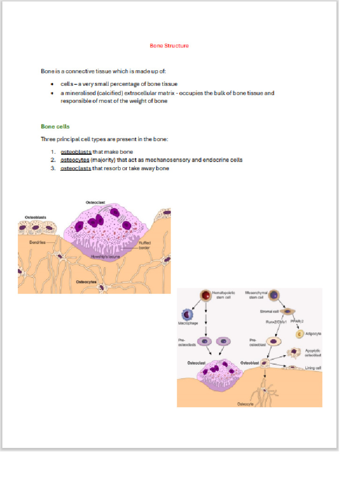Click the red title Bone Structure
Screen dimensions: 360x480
(169, 46)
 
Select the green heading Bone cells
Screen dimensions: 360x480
(55, 127)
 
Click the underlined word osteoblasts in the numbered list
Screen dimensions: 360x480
(75, 152)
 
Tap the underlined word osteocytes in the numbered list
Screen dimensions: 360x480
(75, 160)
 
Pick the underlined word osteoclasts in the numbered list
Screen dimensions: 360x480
(75, 169)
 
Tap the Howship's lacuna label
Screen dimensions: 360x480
(106, 257)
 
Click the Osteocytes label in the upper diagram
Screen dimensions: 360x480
(86, 282)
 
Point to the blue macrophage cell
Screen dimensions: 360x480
(187, 315)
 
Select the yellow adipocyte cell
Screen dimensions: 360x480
(300, 334)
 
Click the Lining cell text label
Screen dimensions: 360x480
(313, 368)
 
